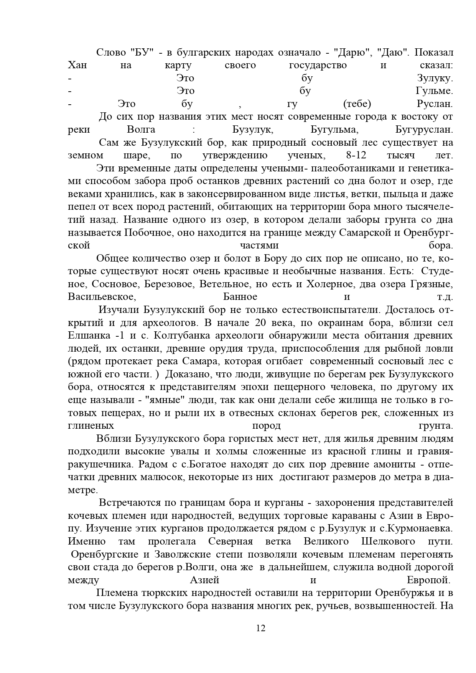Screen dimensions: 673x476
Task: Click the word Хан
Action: click(x=77, y=66)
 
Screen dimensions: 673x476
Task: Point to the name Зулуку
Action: click(x=435, y=79)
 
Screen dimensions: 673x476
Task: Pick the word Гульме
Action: click(x=434, y=91)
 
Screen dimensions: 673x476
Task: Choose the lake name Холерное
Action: click(x=329, y=284)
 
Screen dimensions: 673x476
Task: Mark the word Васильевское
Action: click(x=102, y=297)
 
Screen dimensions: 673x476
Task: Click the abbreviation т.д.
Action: click(x=445, y=297)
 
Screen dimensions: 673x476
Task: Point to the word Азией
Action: click(x=204, y=580)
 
